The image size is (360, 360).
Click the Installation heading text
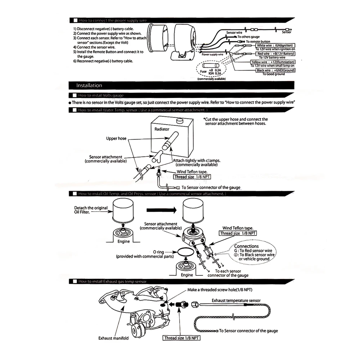[x=89, y=86]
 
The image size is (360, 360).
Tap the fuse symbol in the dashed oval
[x=210, y=67]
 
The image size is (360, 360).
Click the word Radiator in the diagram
[x=162, y=129]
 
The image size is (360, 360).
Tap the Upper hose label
[x=116, y=138]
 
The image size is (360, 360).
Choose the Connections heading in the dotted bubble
[x=247, y=246]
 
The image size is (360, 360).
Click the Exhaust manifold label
[x=113, y=338]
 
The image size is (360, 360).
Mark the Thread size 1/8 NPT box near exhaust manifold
[x=181, y=338]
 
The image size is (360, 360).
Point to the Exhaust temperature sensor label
[x=236, y=300]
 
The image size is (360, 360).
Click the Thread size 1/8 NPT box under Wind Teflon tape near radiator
[x=192, y=177]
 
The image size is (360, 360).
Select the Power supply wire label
[x=212, y=54]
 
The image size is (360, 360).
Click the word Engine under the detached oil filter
[x=123, y=242]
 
